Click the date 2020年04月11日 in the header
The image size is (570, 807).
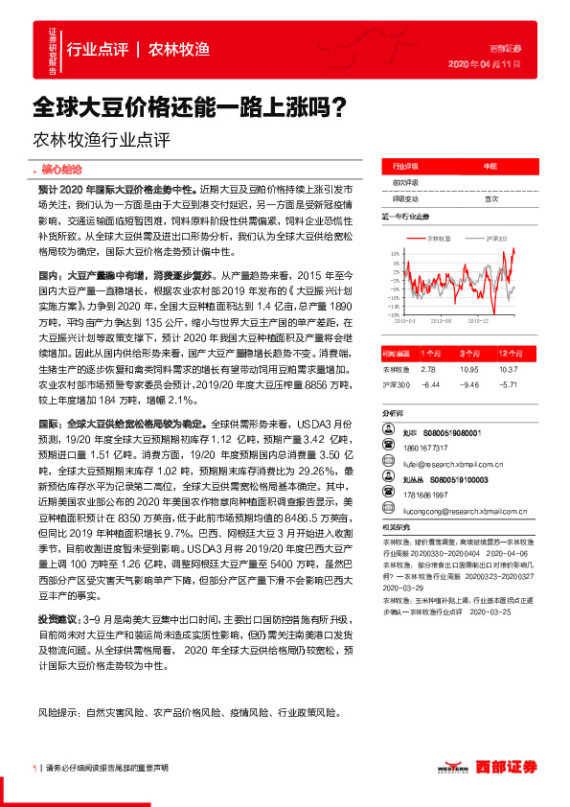click(484, 63)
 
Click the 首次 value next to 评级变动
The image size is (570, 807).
click(491, 198)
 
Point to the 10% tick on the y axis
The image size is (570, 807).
click(394, 254)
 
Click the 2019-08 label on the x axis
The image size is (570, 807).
click(442, 324)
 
